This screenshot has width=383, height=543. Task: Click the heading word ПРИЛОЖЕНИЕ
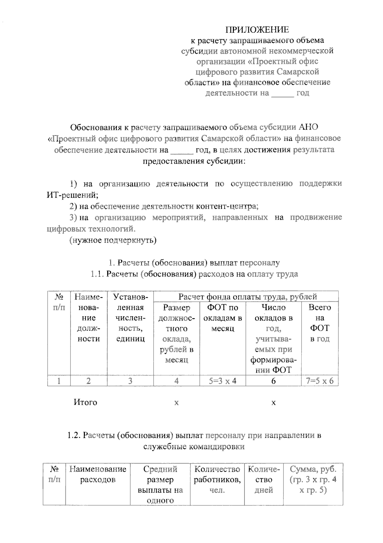coord(257,30)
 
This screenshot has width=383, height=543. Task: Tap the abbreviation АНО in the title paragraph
coord(308,127)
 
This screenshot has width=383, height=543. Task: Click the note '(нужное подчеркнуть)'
coord(113,240)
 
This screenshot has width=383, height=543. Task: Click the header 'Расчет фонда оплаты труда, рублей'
coord(247,297)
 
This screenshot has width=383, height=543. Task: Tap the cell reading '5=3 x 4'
coord(222,381)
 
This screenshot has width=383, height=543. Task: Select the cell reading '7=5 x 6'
coord(319,381)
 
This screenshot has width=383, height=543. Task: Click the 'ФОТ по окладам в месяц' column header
coord(222,318)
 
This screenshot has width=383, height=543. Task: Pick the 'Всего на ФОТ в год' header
coord(319,323)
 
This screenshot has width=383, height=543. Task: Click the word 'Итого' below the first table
coord(85,402)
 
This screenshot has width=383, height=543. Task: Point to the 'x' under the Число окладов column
coord(273,403)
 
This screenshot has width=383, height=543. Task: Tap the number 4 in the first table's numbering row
coord(176,381)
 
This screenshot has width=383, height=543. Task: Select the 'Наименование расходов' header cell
coord(98,474)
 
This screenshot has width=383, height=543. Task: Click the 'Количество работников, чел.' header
coord(217,479)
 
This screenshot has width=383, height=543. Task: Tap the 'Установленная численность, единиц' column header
coord(130,318)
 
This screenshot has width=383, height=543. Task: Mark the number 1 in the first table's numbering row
coord(59,381)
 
